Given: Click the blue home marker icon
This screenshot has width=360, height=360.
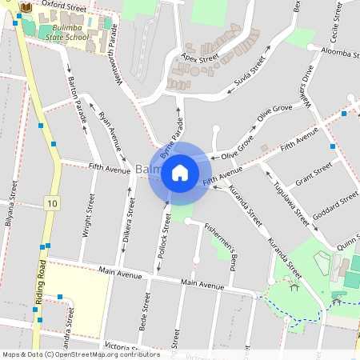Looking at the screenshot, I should coord(180,172).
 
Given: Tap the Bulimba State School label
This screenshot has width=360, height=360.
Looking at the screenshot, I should coord(66,33).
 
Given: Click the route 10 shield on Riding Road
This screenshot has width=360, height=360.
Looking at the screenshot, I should coord(52,203).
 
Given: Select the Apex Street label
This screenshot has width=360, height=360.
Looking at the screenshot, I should coord(200,58).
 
